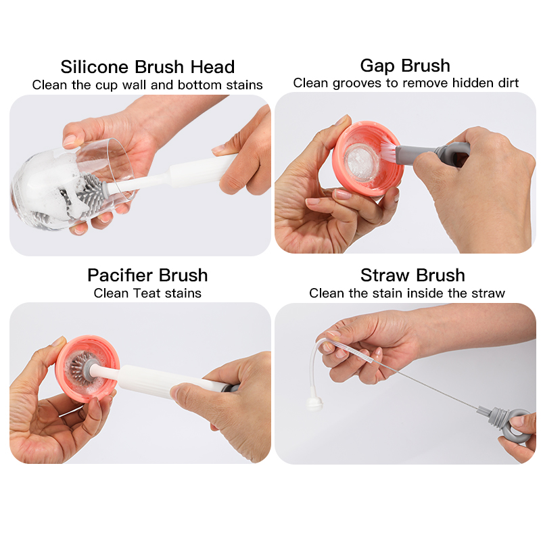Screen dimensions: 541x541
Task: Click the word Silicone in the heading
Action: pos(95,67)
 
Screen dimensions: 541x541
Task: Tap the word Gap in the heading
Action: pos(377,66)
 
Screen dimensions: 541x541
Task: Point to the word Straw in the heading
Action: pos(385,275)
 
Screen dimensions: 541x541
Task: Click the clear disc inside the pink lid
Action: pos(362,162)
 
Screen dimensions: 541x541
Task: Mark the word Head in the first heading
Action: pos(212,67)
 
